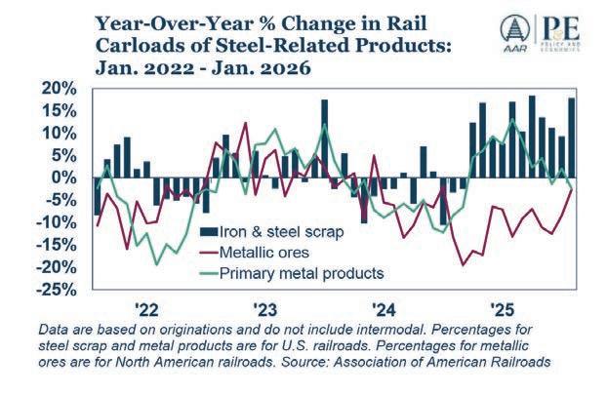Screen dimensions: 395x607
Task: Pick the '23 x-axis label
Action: (x=267, y=309)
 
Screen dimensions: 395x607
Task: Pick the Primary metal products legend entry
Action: (x=301, y=272)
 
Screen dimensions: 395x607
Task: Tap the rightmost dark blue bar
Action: (x=571, y=138)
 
